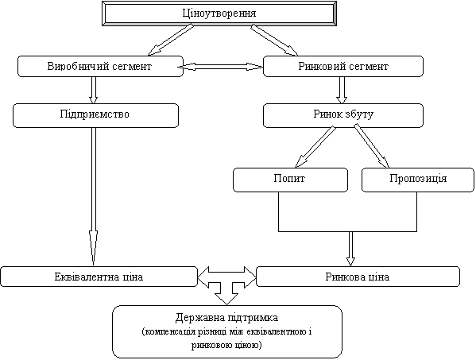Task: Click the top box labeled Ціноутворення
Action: [219, 14]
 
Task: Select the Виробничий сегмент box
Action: [100, 66]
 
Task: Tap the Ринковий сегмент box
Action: [343, 66]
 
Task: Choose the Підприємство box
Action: [95, 115]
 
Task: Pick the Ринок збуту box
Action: [343, 115]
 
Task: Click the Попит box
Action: [290, 180]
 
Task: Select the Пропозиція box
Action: [418, 180]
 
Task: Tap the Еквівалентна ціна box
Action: [99, 277]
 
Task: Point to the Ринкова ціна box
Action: [358, 277]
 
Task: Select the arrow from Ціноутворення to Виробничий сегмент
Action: [171, 40]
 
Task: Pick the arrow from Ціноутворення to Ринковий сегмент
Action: [274, 40]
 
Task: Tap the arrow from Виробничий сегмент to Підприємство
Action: [94, 90]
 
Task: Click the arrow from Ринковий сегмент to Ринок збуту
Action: [342, 90]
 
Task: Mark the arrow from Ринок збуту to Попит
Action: [315, 147]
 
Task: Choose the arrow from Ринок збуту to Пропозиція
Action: [372, 147]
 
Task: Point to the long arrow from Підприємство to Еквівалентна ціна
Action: [94, 196]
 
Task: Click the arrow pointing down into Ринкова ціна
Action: [350, 249]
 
